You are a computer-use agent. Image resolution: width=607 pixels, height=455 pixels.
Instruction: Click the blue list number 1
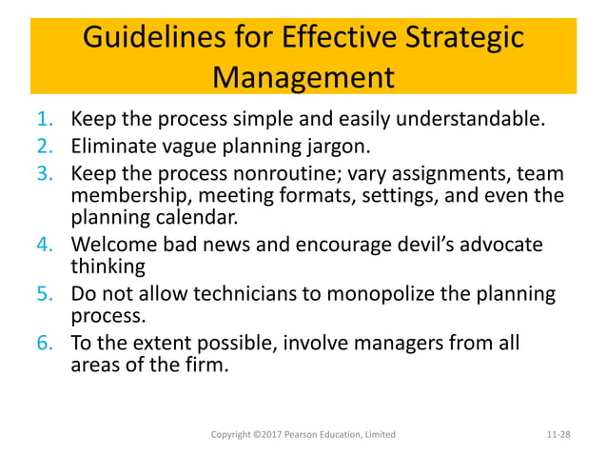click(x=47, y=120)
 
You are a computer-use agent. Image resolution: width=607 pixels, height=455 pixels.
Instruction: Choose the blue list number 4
click(x=47, y=245)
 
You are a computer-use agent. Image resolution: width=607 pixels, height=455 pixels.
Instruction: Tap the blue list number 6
click(x=47, y=342)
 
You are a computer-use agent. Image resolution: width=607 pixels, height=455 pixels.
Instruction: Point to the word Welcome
click(x=114, y=245)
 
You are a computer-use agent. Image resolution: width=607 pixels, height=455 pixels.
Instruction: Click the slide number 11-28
click(x=559, y=435)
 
